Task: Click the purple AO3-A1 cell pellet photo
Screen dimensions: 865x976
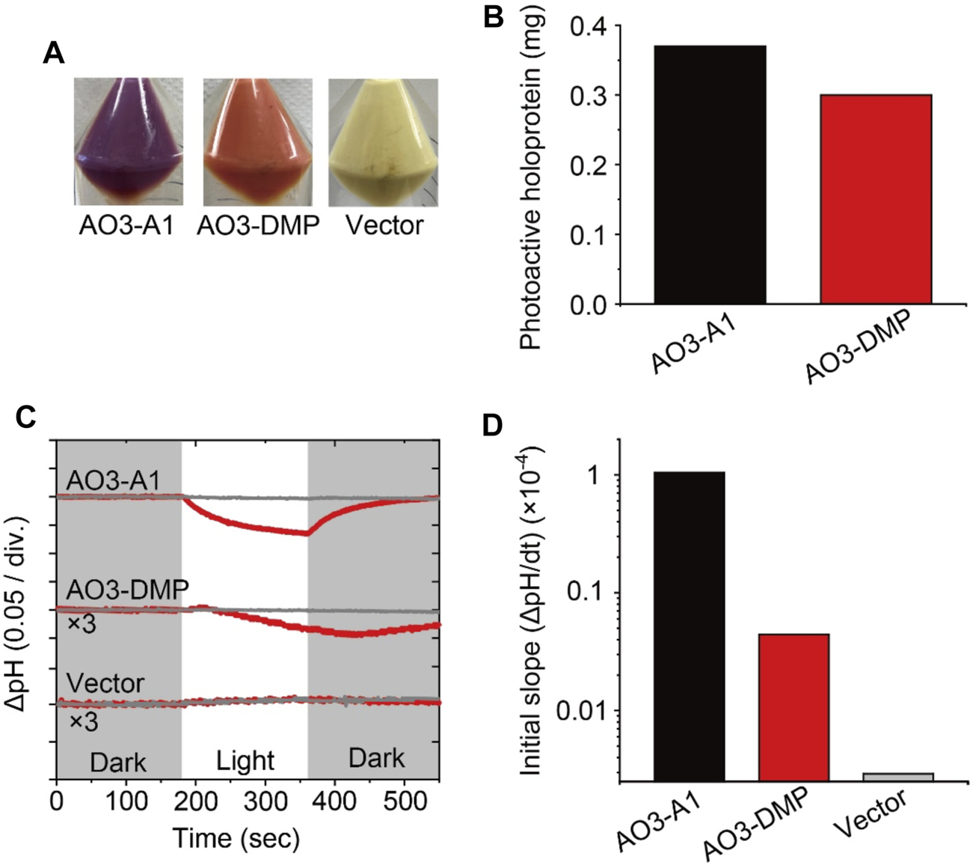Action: click(128, 141)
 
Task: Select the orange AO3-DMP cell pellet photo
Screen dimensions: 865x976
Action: click(258, 141)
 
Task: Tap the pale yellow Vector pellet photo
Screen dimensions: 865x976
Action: click(384, 141)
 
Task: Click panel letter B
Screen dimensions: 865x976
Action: click(494, 16)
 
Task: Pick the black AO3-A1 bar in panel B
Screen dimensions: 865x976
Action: click(710, 174)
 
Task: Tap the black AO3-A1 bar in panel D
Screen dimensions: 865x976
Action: click(689, 626)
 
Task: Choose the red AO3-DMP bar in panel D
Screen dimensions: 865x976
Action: click(794, 707)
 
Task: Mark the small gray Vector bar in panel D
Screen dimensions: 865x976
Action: click(897, 777)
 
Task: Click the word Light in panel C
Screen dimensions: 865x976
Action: click(245, 761)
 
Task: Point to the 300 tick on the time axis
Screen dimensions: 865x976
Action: click(266, 801)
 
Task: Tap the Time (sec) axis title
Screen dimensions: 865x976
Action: click(236, 839)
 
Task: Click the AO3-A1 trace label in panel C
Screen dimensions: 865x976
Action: click(113, 480)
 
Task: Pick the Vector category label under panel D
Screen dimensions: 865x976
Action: click(871, 816)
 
